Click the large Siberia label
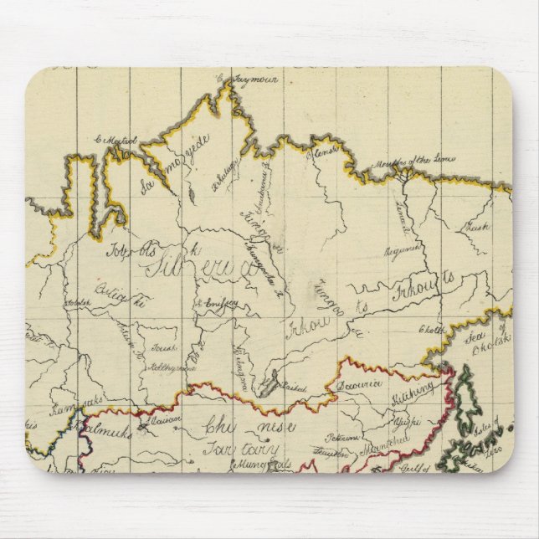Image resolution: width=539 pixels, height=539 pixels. (201, 269)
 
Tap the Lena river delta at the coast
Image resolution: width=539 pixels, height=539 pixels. (405, 173)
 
